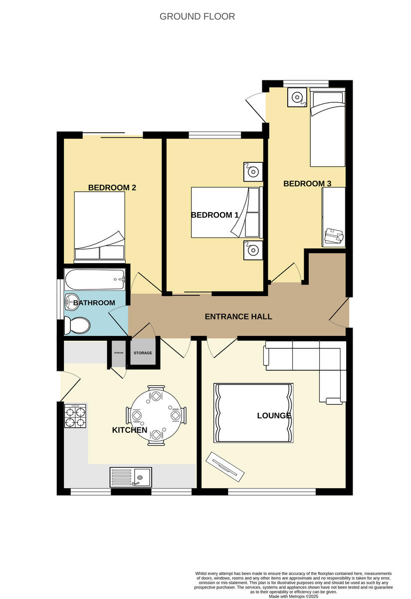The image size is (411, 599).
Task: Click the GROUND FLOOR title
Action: click(197, 16)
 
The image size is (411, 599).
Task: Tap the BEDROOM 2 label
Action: click(112, 188)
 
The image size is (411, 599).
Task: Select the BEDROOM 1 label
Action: click(214, 215)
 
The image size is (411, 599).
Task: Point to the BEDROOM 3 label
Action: click(307, 184)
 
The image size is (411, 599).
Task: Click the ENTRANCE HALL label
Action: click(238, 316)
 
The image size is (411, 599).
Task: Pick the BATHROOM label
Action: click(94, 303)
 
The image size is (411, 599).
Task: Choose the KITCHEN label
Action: click(129, 430)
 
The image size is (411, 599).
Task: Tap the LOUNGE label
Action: click(274, 415)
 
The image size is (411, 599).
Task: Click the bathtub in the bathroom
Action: click(95, 279)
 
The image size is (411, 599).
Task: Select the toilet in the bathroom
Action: click(77, 325)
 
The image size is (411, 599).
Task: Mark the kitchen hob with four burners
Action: click(75, 416)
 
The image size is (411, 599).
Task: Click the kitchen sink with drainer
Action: click(131, 477)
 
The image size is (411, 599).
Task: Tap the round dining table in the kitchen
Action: click(157, 414)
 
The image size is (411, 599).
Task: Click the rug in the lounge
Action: click(253, 412)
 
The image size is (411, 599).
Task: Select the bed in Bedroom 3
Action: click(327, 128)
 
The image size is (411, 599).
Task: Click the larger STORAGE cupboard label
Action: click(143, 353)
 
